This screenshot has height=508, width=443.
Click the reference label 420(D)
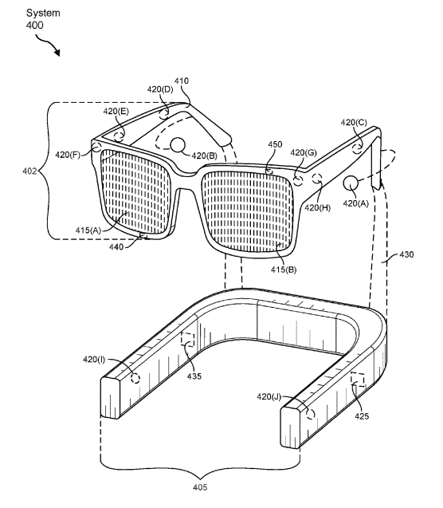point(160,89)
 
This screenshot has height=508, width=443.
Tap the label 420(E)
point(116,112)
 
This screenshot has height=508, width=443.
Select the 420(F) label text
point(67,155)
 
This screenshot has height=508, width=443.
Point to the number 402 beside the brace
point(29,171)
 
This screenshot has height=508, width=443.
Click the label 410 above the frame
point(182,81)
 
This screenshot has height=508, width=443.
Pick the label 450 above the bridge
point(275,144)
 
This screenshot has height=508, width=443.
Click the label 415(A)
point(88,230)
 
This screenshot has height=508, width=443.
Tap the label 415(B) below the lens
point(284,270)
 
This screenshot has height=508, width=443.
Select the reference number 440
point(116,247)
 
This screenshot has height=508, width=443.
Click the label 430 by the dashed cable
point(406,254)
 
